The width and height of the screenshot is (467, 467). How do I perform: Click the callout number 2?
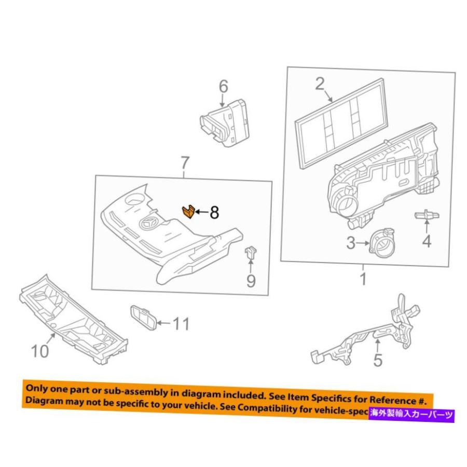[319, 84]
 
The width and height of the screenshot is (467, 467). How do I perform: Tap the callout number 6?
[223, 86]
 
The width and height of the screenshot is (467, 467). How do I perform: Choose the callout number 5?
[378, 360]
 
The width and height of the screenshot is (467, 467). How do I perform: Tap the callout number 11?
[181, 324]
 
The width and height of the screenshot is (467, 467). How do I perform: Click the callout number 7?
[185, 164]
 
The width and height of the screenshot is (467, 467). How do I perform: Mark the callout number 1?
[363, 279]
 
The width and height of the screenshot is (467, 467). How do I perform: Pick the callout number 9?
[251, 281]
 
